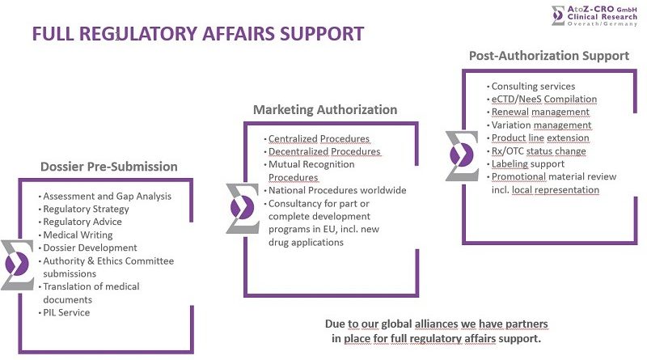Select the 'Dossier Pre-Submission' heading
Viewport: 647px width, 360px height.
click(x=108, y=167)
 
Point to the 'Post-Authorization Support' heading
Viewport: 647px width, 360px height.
click(x=548, y=56)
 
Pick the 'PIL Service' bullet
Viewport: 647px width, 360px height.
click(x=66, y=312)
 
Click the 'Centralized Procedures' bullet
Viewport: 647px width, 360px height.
click(x=319, y=138)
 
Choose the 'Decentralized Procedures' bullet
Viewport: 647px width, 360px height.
click(x=324, y=151)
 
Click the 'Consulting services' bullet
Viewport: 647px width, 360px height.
click(x=533, y=86)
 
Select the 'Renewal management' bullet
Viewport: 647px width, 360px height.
click(x=540, y=112)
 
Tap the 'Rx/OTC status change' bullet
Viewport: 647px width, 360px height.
click(x=539, y=150)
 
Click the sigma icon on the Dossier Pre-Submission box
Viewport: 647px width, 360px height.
click(x=18, y=265)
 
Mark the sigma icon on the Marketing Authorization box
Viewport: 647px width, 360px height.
click(x=243, y=209)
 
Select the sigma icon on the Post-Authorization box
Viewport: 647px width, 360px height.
click(x=461, y=155)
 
